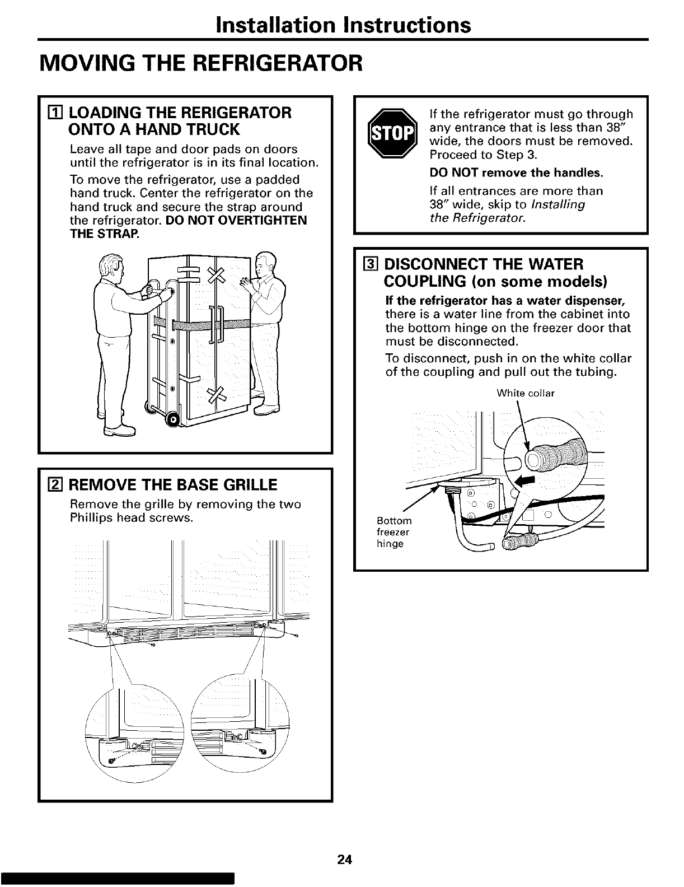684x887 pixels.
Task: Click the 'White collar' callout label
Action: [x=525, y=393]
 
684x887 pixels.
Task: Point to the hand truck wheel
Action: [x=173, y=418]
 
